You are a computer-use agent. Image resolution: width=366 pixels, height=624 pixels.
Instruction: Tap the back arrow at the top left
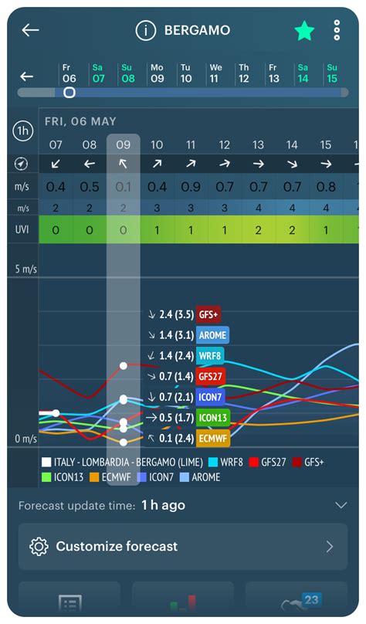30,30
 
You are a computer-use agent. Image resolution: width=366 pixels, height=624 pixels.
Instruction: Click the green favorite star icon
304,31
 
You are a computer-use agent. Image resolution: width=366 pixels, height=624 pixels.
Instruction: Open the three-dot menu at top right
337,30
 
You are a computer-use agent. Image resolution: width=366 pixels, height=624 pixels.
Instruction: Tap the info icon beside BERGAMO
145,31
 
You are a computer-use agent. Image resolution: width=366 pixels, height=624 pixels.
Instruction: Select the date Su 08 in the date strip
127,73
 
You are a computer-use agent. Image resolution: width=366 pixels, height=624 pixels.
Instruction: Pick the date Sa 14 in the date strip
303,73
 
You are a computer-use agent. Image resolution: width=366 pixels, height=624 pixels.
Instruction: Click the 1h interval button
23,131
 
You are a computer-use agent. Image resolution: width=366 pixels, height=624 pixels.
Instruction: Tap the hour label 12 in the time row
225,144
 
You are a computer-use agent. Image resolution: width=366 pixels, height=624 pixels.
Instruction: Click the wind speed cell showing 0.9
191,187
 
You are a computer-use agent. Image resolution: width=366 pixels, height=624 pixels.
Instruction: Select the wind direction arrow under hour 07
56,164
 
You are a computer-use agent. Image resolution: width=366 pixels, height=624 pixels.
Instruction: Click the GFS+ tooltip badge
208,314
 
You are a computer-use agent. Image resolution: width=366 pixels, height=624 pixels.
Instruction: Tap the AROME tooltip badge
212,334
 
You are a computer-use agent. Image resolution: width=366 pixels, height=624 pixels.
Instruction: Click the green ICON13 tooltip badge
215,418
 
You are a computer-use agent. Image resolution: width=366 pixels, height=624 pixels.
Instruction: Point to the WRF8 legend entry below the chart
225,462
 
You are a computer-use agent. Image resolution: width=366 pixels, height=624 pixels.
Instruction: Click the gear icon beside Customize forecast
38,547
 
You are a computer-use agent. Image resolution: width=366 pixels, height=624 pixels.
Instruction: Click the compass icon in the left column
22,164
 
